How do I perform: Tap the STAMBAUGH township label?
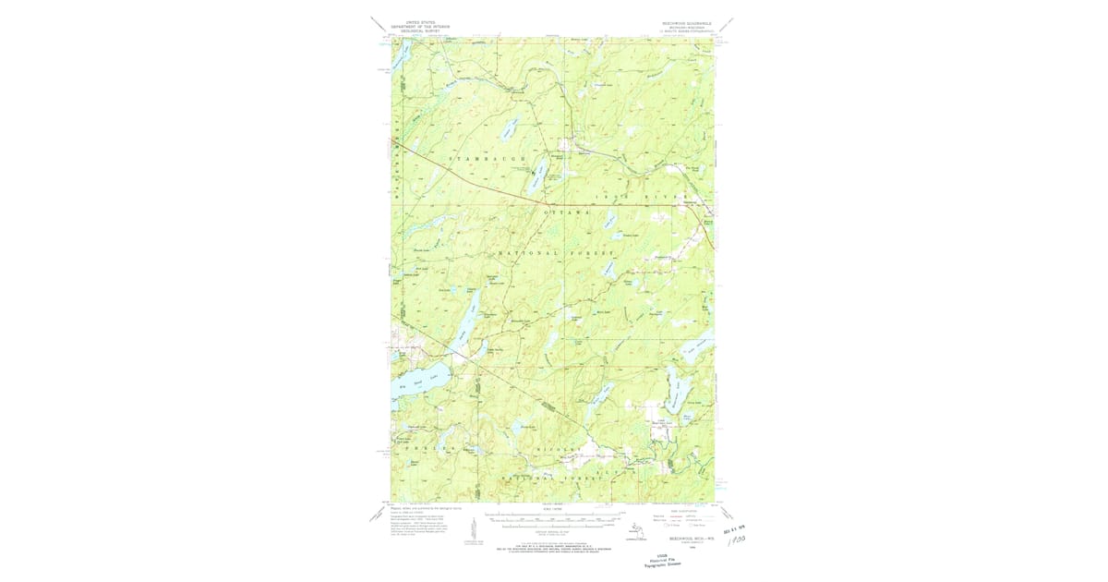[485, 160]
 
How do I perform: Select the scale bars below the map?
[554, 519]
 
